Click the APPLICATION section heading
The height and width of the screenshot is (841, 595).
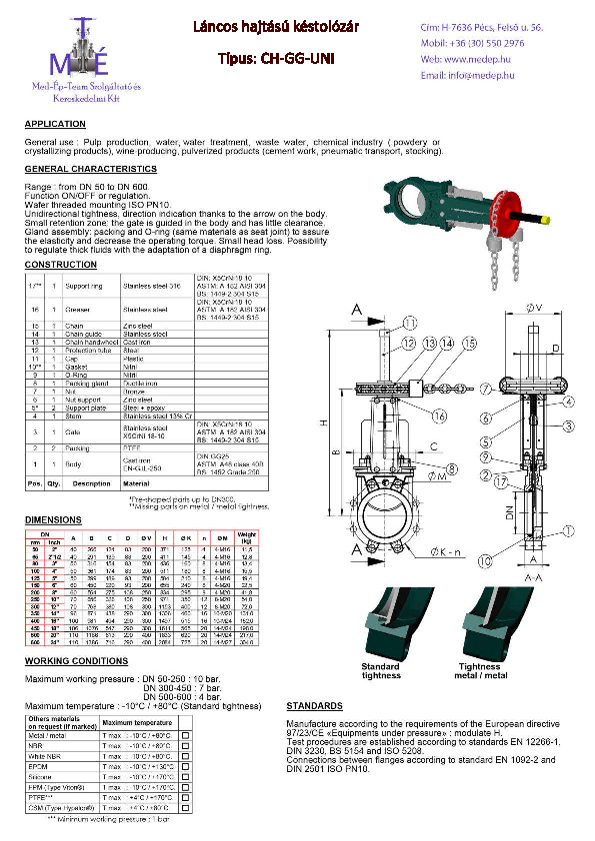point(55,124)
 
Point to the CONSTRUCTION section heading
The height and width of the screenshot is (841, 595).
point(61,265)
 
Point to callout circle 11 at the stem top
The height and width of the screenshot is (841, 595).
point(410,322)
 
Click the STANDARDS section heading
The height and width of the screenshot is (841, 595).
point(316,705)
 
